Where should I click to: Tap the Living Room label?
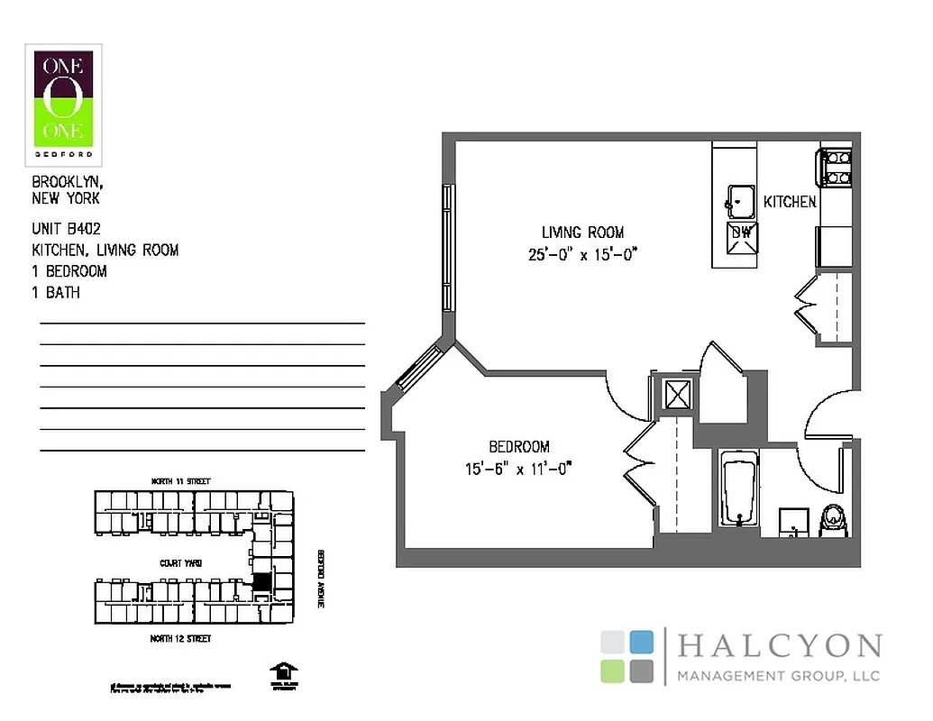(582, 233)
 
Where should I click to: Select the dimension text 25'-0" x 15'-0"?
(582, 254)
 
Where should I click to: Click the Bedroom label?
(518, 447)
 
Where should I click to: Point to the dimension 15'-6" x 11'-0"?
(518, 469)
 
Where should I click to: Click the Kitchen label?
(790, 202)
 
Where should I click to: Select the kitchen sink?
(741, 199)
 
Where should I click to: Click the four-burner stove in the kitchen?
(835, 169)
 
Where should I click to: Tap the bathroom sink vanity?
(792, 521)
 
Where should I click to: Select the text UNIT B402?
(66, 230)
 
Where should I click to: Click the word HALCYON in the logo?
(779, 646)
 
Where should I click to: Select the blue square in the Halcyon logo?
(642, 642)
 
